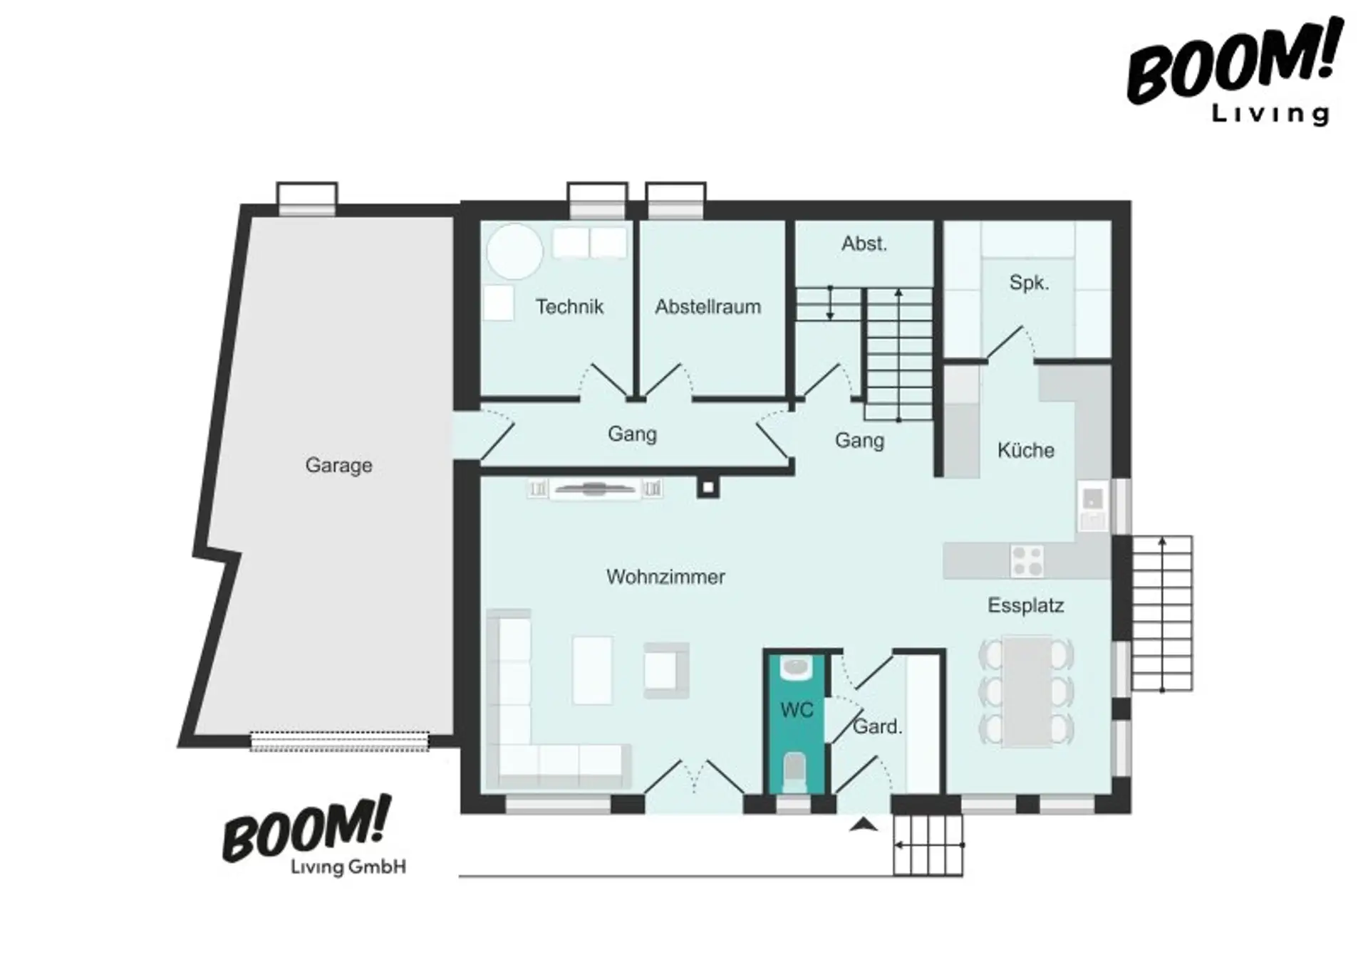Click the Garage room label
[x=338, y=466]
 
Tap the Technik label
[x=569, y=307]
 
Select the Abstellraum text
[x=708, y=307]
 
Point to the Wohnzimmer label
[x=665, y=577]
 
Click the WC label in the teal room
[x=797, y=710]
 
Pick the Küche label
[x=1025, y=450]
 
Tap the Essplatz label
[x=1025, y=606]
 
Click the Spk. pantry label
[x=1029, y=283]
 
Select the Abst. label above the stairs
[x=864, y=244]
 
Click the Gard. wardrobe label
[x=878, y=727]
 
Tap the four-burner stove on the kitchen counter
[x=1027, y=561]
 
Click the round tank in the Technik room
[x=514, y=251]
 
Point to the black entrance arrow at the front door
[x=864, y=825]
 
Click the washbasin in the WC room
[x=795, y=667]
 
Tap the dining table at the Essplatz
[x=1027, y=691]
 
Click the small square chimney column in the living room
[x=708, y=488]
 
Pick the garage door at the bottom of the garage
[x=339, y=742]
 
